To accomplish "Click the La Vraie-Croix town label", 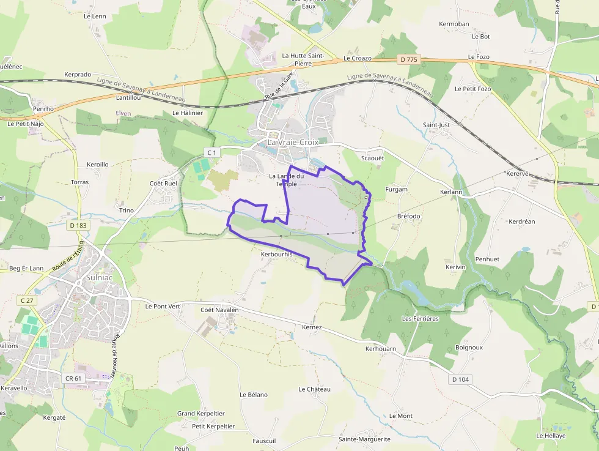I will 293,142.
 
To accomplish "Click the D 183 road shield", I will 78,225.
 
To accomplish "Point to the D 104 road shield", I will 460,379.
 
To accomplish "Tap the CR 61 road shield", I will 73,378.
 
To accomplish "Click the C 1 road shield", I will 211,152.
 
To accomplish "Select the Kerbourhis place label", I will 277,254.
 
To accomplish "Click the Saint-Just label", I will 436,125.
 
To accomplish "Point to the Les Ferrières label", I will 420,319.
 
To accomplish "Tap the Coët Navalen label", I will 219,310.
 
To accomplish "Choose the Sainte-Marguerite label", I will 364,439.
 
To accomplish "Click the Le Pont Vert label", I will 163,305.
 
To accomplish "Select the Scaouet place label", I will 372,158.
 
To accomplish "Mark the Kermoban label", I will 454,24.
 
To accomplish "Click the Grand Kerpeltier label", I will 201,414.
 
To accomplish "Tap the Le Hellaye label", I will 551,436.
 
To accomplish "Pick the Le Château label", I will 314,389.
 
